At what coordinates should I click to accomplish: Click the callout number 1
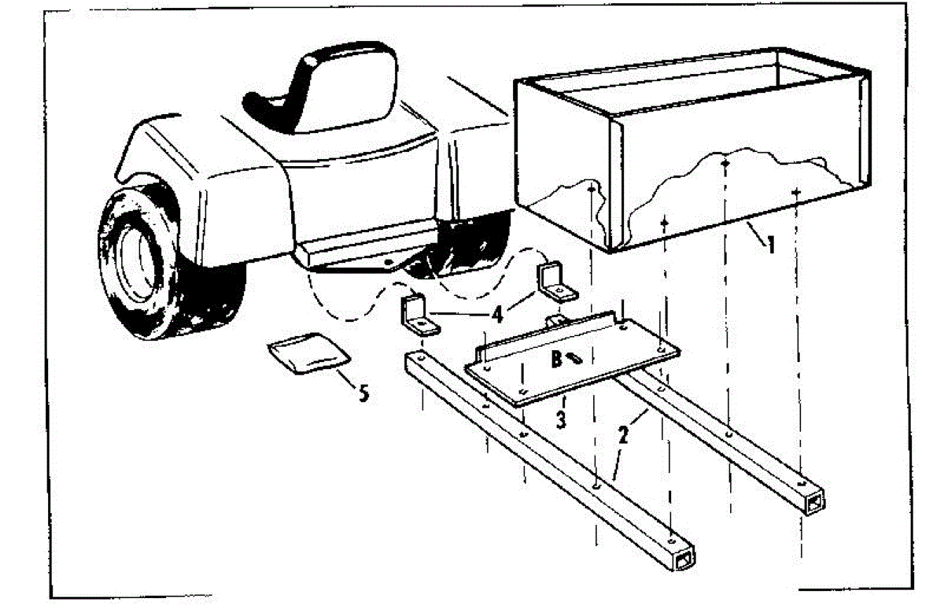[771, 245]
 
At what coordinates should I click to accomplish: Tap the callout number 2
[623, 434]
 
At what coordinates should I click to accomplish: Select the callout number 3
[561, 420]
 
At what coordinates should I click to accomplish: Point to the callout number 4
[498, 314]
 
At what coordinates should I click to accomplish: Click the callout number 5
[363, 393]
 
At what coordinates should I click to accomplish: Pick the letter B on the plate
[556, 359]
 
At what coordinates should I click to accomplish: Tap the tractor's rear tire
[168, 261]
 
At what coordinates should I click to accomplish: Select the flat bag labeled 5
[309, 352]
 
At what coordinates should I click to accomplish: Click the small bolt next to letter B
[574, 358]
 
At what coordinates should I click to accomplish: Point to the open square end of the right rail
[815, 504]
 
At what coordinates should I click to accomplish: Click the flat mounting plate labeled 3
[572, 360]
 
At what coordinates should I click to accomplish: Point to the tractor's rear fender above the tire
[202, 177]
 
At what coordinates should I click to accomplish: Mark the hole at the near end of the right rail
[802, 483]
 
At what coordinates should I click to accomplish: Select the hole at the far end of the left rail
[421, 358]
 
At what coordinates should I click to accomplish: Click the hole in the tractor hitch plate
[389, 263]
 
